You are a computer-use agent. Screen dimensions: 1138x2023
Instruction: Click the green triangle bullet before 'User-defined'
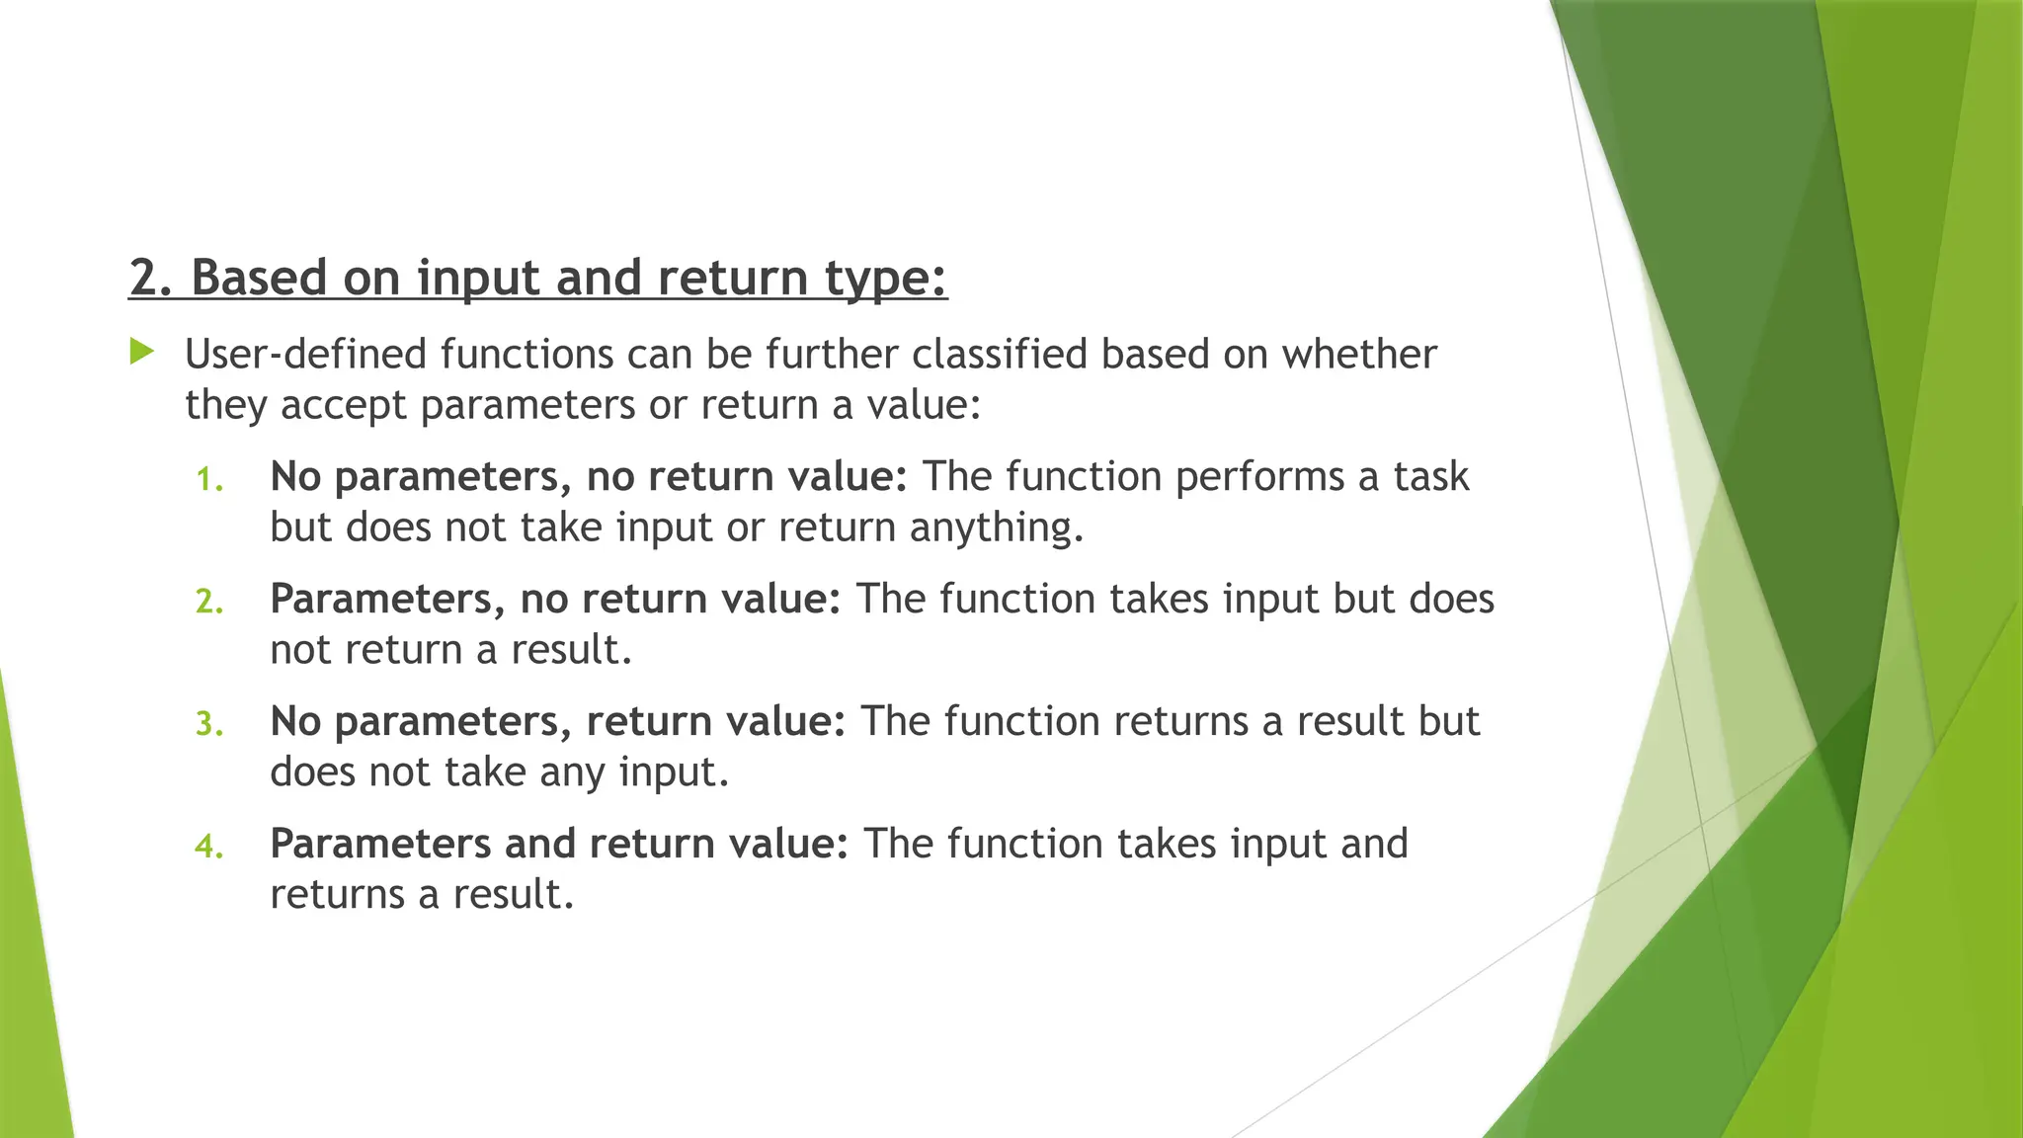142,352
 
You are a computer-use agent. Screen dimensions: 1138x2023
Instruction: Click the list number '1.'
209,480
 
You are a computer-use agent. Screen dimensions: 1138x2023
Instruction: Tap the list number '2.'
209,602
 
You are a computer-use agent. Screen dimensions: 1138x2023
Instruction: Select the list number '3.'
209,724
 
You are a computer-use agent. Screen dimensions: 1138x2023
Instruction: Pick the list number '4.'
209,847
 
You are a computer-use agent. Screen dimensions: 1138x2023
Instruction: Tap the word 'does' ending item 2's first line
1451,599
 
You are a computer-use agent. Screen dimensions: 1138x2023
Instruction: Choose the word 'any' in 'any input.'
572,772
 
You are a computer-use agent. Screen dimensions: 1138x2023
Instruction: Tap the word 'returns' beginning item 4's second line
337,895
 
